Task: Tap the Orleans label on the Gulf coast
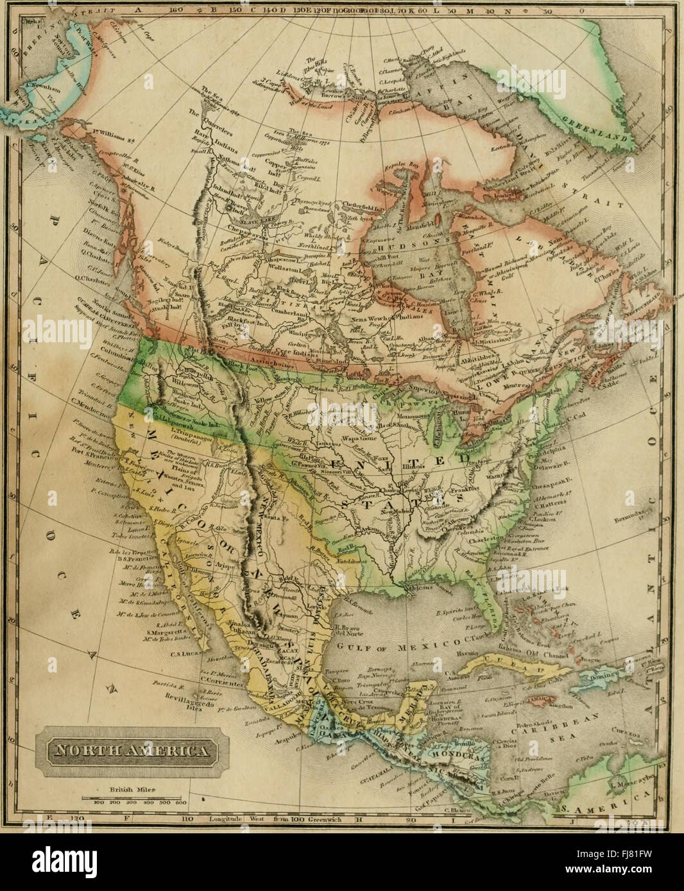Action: pyautogui.click(x=418, y=587)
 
